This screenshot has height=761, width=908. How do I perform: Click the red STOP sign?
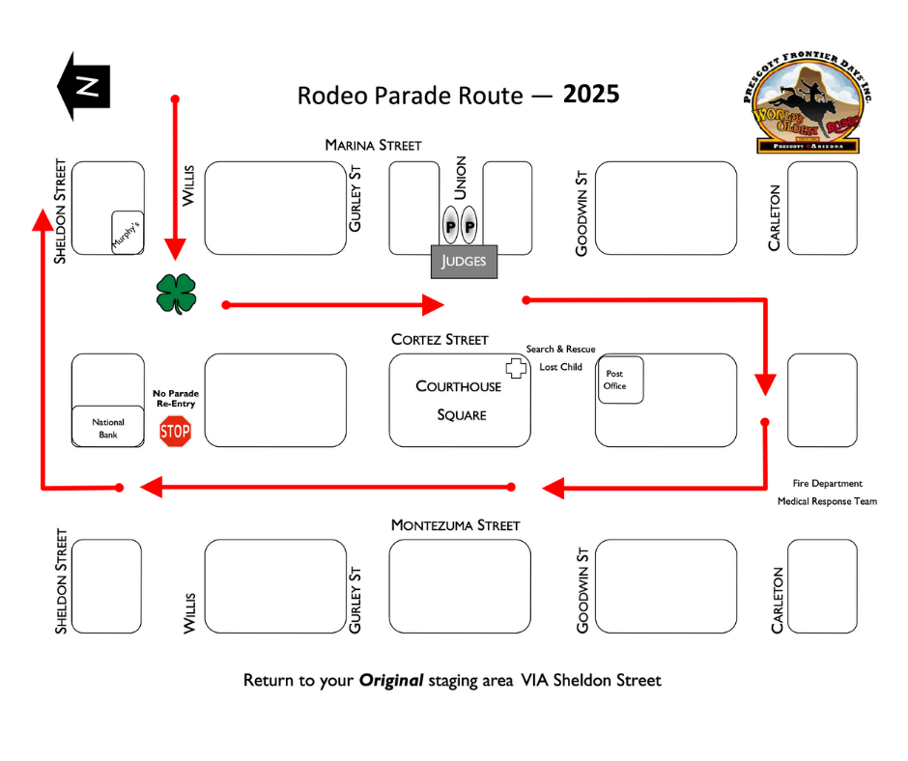(175, 432)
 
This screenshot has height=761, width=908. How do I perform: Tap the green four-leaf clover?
(176, 295)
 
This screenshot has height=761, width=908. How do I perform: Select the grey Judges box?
(464, 261)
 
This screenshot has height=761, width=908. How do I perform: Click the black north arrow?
(84, 86)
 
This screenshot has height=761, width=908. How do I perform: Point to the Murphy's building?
(128, 232)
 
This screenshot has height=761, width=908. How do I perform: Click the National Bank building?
(108, 426)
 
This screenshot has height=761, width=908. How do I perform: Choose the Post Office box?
(620, 380)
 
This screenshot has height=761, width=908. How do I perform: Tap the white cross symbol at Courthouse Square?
(516, 368)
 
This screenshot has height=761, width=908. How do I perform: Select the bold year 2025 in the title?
(591, 95)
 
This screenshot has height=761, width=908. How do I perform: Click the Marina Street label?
(374, 145)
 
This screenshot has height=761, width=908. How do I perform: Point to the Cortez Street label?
(440, 339)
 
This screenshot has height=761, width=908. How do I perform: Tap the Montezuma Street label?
(456, 525)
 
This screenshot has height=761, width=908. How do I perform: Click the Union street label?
(461, 178)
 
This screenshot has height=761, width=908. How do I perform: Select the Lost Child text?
(560, 367)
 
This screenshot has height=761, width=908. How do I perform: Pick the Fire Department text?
(828, 484)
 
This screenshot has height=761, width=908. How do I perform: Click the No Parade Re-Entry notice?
(176, 399)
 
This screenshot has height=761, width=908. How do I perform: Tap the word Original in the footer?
(391, 680)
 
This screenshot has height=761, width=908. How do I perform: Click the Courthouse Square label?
(459, 401)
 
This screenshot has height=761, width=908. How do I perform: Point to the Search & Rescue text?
(560, 350)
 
